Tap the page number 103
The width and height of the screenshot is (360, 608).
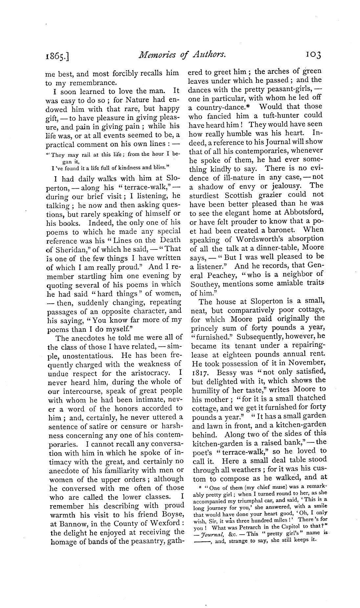click(x=311, y=55)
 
